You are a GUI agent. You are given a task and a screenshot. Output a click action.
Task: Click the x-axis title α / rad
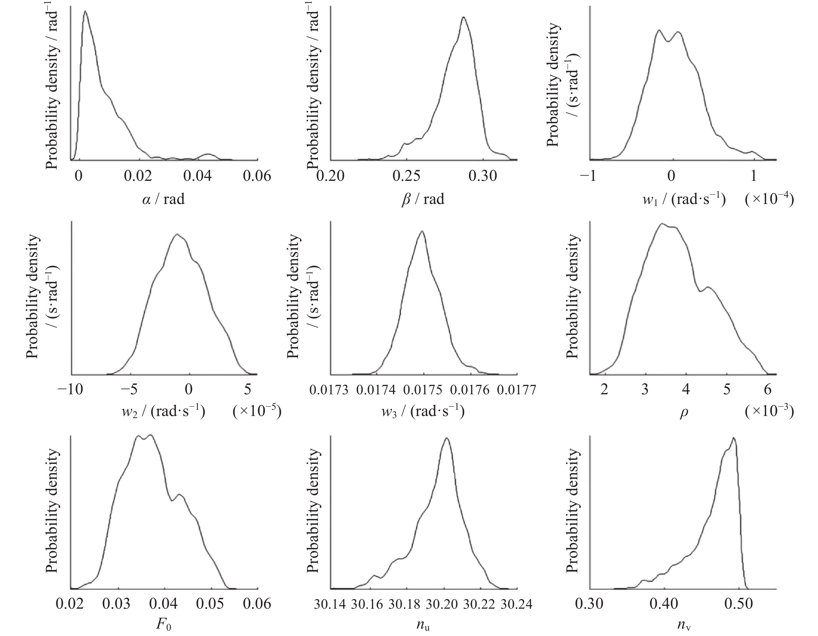point(163,199)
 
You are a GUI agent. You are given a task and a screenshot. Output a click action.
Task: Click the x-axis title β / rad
point(423,199)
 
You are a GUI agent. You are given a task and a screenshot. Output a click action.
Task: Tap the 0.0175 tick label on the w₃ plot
point(423,390)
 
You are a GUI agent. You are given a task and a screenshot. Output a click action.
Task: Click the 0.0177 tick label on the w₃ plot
point(517,390)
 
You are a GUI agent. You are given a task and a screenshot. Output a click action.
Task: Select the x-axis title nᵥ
point(683,625)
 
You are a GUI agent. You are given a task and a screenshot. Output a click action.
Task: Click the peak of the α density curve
point(85,11)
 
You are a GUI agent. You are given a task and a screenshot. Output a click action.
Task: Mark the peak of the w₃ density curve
point(422,231)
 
